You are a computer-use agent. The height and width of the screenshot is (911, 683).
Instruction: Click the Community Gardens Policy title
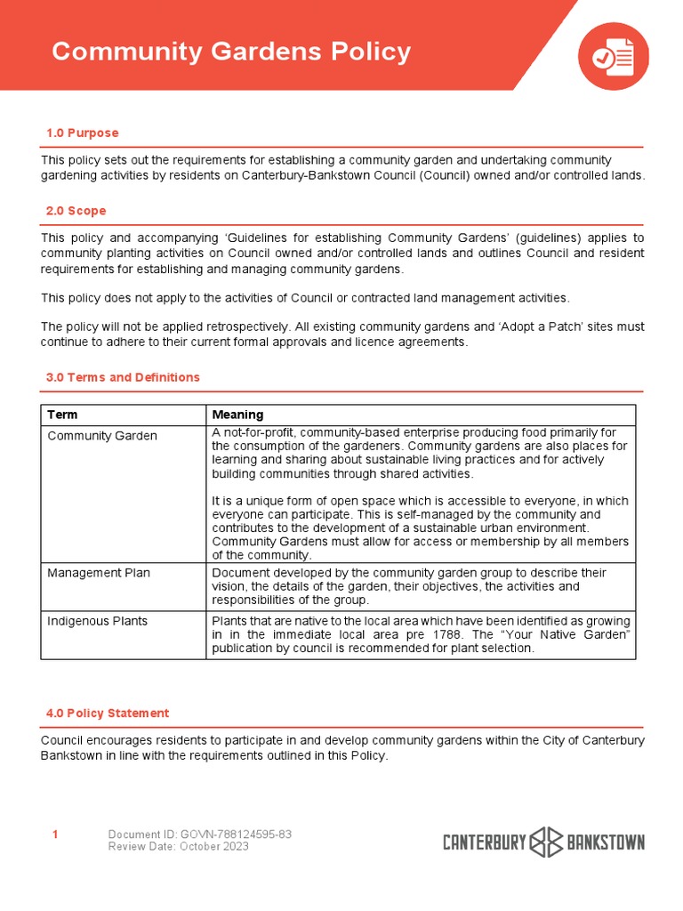(x=231, y=52)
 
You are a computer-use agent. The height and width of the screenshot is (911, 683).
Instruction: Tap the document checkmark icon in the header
(x=614, y=56)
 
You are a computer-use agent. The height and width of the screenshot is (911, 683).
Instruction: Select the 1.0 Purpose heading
(x=82, y=133)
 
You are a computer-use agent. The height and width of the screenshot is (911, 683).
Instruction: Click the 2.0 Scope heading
(x=76, y=211)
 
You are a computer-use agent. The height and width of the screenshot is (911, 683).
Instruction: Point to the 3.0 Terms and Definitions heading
(x=123, y=377)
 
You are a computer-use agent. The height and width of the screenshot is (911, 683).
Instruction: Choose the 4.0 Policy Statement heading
(x=107, y=713)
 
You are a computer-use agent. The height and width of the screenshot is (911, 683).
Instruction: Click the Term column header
(x=62, y=415)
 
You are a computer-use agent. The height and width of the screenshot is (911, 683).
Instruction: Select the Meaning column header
(x=237, y=415)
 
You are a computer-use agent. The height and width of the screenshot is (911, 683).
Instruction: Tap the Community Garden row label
(x=101, y=436)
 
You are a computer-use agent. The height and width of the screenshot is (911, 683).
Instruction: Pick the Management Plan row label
(x=99, y=573)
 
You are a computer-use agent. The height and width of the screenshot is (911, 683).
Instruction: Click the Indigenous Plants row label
(x=97, y=621)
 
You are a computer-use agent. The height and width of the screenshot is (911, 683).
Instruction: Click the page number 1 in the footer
(x=55, y=834)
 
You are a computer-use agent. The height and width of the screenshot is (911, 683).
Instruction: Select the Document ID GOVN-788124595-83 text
(x=199, y=834)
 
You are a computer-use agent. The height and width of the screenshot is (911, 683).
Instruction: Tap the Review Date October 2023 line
(x=178, y=846)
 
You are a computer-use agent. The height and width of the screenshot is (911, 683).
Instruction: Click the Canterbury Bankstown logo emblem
(x=544, y=842)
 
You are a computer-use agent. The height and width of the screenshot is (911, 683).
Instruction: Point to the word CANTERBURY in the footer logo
(x=485, y=842)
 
